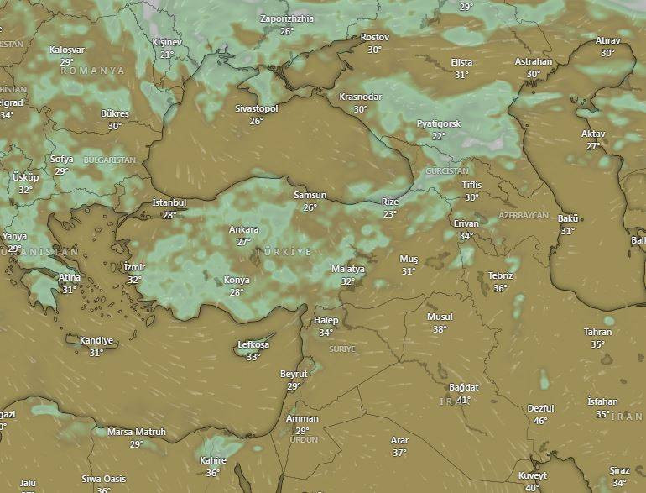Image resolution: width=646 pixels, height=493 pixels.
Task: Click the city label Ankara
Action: (x=243, y=229)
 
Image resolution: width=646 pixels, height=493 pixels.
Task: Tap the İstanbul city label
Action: (x=169, y=203)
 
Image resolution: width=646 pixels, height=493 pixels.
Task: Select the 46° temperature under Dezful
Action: (x=541, y=421)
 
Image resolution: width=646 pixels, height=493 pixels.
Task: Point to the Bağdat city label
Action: (x=463, y=387)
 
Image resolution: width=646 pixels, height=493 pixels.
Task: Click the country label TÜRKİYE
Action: (x=283, y=252)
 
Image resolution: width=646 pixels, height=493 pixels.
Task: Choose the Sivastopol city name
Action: (x=256, y=108)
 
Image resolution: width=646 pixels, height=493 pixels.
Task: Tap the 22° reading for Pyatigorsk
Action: (x=438, y=136)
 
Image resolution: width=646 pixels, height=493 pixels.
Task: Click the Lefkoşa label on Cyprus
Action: (x=253, y=345)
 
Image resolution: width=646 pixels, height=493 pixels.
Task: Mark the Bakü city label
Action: (x=568, y=218)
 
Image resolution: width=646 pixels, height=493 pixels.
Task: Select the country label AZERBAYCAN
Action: (x=524, y=216)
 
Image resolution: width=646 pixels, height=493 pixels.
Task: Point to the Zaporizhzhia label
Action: (x=287, y=18)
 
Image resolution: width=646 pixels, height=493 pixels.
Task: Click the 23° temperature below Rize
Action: (x=390, y=214)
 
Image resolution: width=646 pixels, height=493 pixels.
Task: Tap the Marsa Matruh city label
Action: (x=137, y=432)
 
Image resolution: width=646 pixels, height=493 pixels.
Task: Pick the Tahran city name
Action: (x=597, y=332)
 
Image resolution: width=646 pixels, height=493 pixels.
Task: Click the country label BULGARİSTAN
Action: (x=110, y=160)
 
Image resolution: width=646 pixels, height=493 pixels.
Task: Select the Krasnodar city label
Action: (x=360, y=97)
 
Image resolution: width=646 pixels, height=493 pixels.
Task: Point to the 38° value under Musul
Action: (x=440, y=329)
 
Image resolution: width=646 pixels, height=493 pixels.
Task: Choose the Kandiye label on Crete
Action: (x=96, y=340)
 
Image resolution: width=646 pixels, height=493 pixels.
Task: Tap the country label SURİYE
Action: (x=342, y=349)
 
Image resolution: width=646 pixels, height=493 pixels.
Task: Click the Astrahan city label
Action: (x=534, y=61)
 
